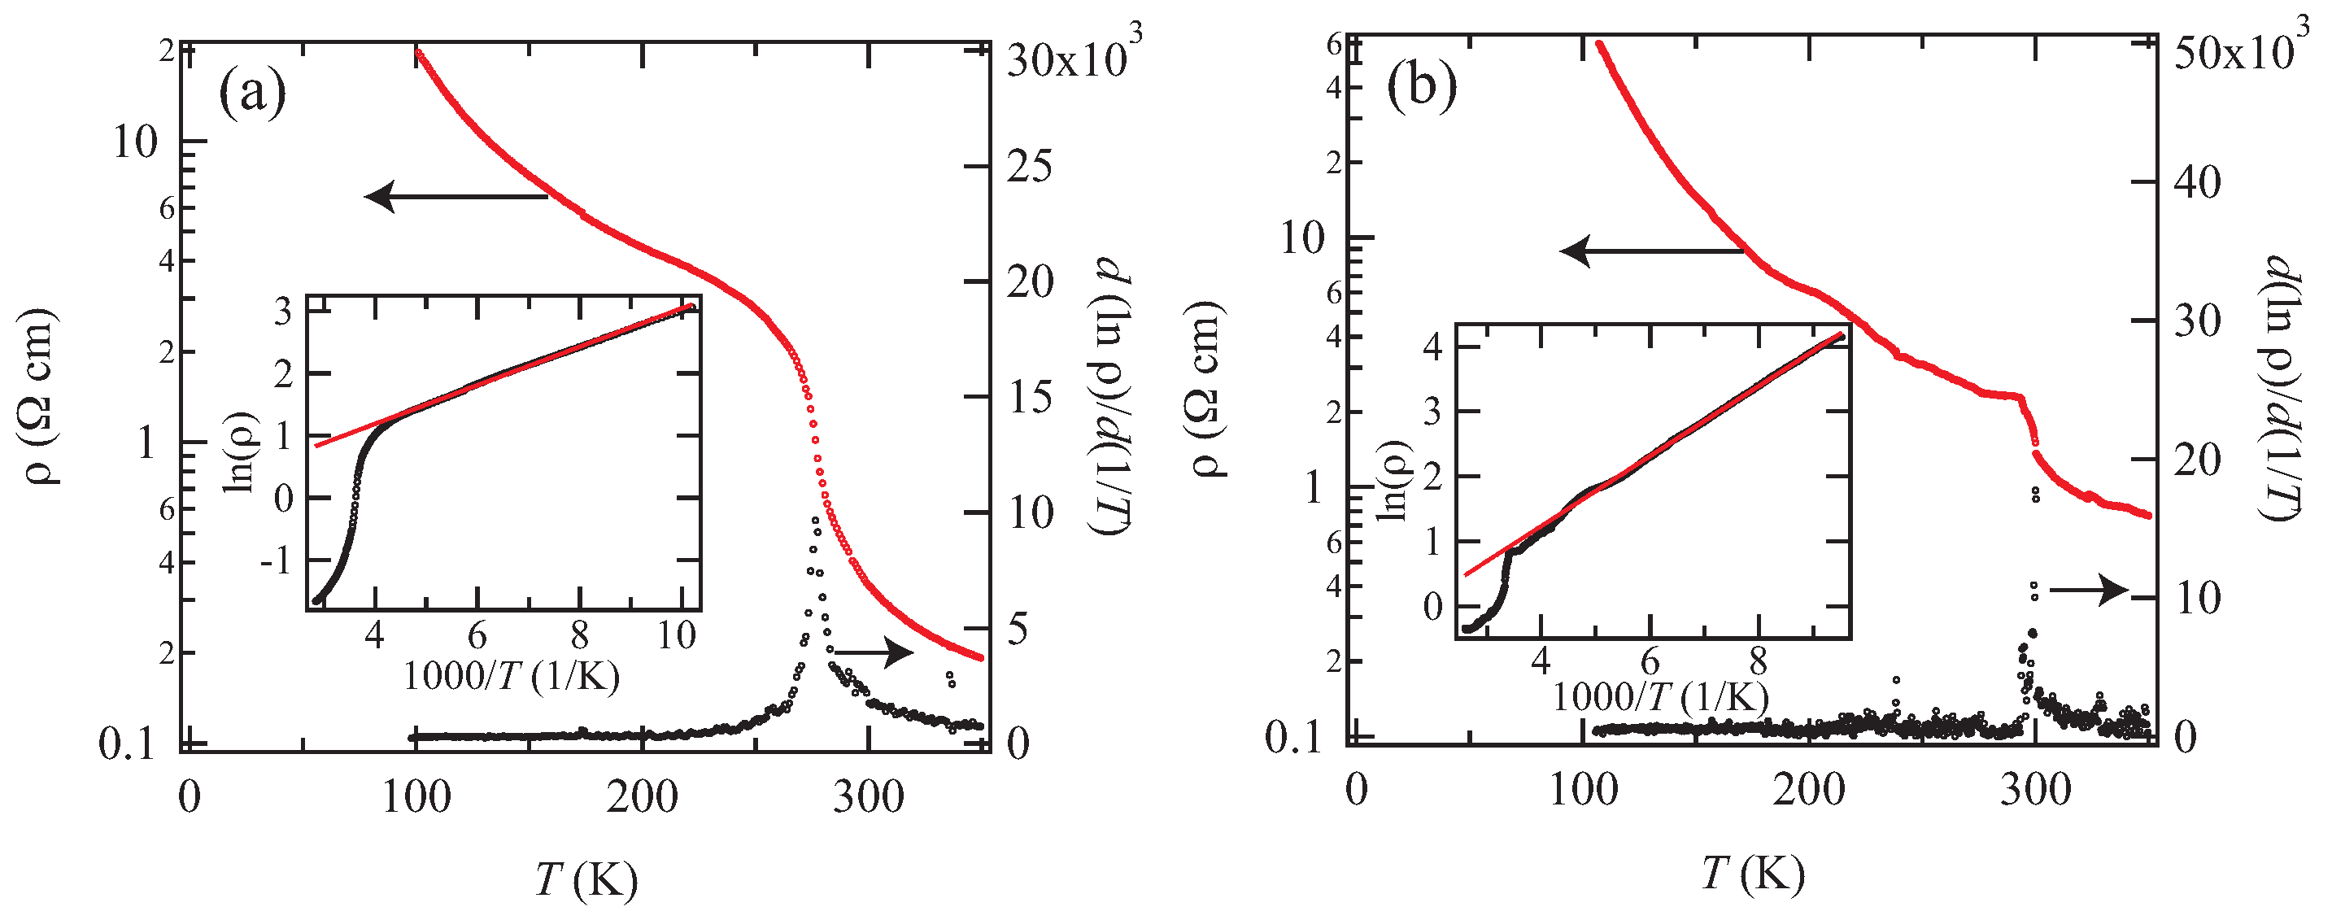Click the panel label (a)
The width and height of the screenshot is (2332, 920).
[253, 94]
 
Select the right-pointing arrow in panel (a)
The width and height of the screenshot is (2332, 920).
[874, 651]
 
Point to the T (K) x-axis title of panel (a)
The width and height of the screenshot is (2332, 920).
[586, 879]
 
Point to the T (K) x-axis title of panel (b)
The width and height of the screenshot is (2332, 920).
[1754, 874]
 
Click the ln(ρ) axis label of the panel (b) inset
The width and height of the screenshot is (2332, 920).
[1394, 481]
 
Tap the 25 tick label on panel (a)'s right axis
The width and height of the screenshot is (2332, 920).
[1031, 167]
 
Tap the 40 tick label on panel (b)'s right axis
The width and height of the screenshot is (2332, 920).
[2196, 183]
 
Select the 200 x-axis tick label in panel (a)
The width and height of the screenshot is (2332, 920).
[642, 798]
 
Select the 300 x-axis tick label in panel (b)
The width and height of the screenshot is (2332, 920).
[2035, 791]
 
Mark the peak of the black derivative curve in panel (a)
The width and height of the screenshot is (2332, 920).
[816, 521]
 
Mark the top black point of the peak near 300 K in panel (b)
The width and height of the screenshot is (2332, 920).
[2036, 491]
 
